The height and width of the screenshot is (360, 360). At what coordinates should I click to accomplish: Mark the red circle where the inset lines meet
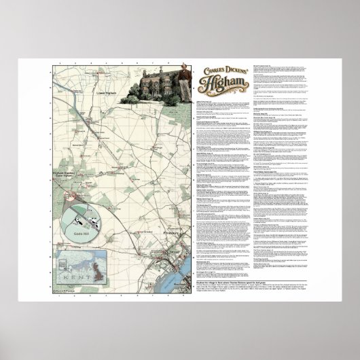(69, 196)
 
